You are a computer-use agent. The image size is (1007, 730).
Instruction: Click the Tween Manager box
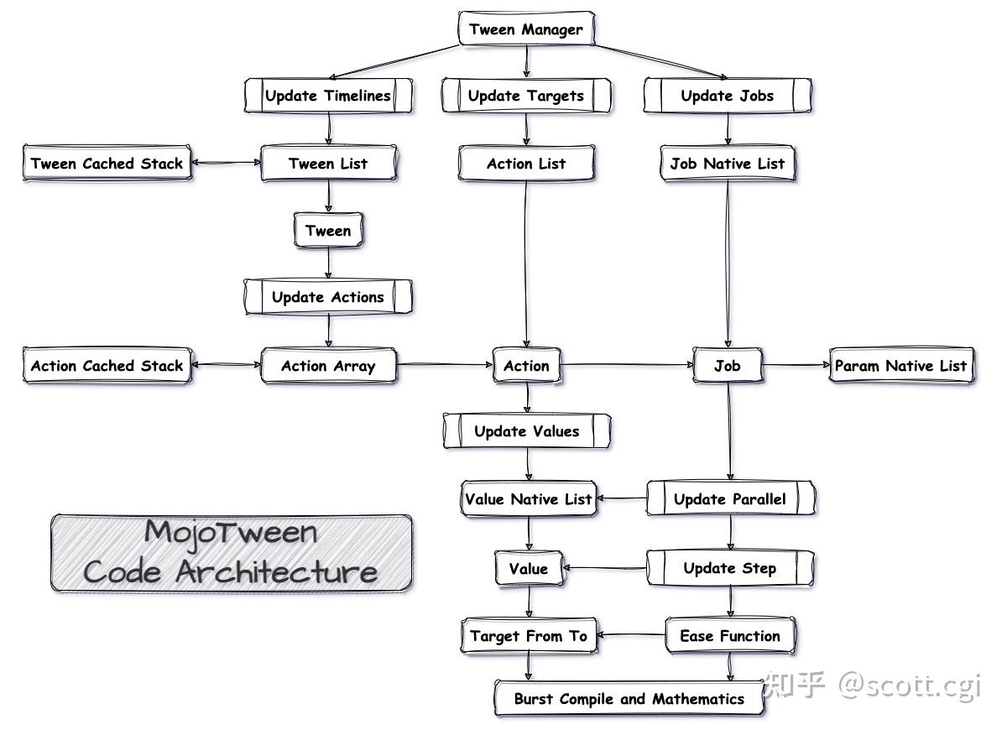526,29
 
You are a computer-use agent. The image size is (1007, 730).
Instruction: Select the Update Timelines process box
328,96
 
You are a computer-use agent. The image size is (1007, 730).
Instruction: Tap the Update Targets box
526,96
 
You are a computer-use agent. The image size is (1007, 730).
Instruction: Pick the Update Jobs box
728,96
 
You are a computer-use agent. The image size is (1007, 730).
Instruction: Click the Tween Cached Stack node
107,164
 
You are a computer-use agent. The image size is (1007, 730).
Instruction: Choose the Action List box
526,164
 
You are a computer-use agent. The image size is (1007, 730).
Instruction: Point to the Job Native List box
728,164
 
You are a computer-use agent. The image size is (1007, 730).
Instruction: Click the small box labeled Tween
328,231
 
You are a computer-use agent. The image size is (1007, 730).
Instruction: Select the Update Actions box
328,297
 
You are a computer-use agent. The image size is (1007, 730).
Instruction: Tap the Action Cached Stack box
107,366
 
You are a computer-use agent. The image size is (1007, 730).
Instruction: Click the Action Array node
328,366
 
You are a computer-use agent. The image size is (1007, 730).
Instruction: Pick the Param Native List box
901,366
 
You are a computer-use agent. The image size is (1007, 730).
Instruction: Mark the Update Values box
526,431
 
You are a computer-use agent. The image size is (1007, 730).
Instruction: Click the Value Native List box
529,499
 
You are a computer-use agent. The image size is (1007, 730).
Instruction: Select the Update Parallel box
730,499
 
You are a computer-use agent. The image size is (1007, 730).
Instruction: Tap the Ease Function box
730,636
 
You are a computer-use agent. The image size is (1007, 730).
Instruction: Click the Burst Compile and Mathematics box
629,699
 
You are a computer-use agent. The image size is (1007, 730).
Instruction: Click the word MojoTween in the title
231,532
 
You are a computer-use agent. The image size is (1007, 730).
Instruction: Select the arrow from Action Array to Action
445,365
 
